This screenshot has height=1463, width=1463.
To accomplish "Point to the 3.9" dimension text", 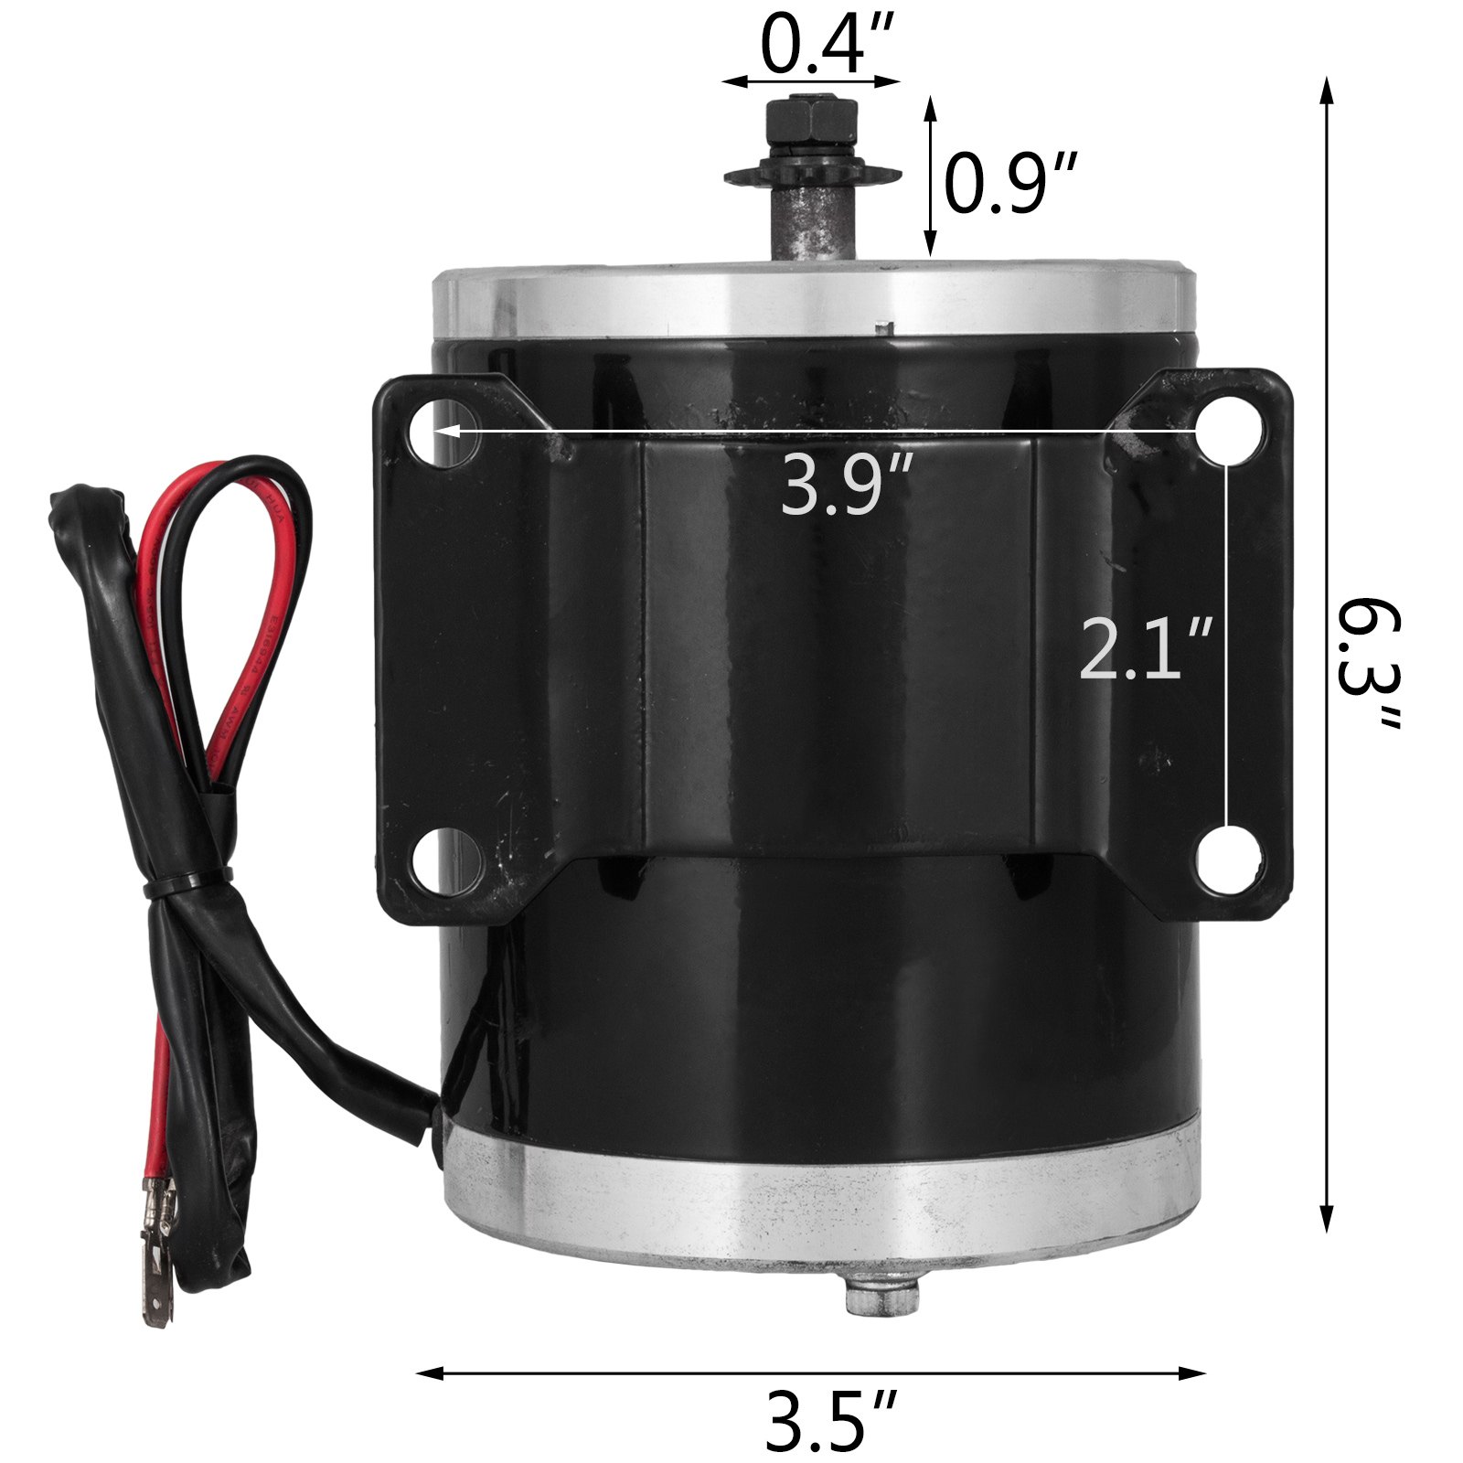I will click(846, 486).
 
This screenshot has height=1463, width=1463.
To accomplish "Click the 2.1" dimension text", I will click(1146, 649).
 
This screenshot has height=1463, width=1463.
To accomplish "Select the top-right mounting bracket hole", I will click(1227, 430).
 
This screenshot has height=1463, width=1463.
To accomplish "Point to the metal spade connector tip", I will click(155, 1298).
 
